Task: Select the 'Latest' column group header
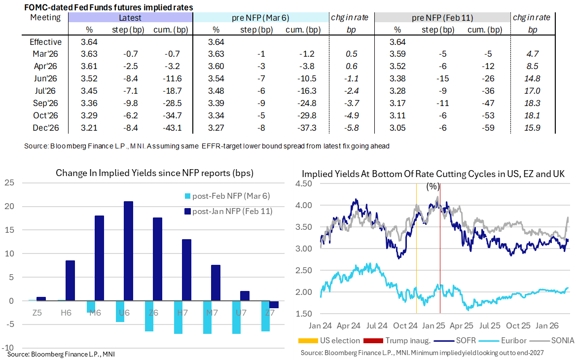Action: [130, 18]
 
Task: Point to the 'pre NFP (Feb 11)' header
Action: [442, 18]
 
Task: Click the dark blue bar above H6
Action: [70, 281]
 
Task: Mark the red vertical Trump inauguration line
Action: [440, 247]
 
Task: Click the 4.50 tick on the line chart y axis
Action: [304, 183]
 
